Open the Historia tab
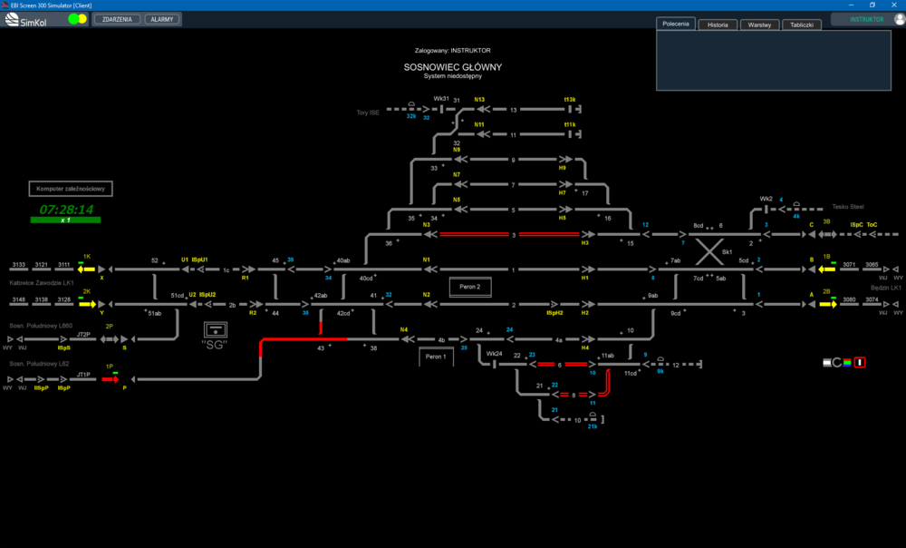pos(718,24)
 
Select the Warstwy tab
pos(759,24)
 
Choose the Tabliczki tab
pos(801,24)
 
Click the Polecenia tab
pos(676,24)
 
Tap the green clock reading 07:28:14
pos(66,210)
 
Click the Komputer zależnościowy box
pos(72,189)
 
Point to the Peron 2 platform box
pos(470,287)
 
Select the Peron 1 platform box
pos(437,357)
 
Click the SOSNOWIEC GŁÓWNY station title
pos(453,67)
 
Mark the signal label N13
pos(479,100)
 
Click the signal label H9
pos(562,168)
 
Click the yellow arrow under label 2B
pos(827,304)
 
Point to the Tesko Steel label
pos(849,207)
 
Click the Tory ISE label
pos(368,113)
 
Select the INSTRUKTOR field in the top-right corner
pos(866,19)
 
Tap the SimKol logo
pos(29,19)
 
